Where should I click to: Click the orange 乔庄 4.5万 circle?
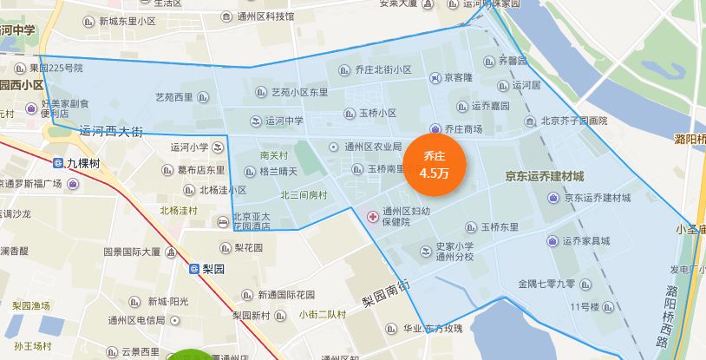tap(436, 164)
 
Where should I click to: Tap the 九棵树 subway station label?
tap(82, 162)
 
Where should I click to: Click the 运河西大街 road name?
tap(110, 132)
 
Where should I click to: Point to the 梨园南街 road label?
tap(386, 292)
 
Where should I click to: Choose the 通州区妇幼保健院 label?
tap(406, 216)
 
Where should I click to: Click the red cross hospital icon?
tap(372, 215)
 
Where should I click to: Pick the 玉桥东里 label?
tap(500, 227)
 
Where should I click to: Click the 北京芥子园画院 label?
tap(573, 121)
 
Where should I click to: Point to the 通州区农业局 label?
tap(373, 147)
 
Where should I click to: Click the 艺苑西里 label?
tap(173, 97)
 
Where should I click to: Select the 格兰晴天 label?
tap(278, 172)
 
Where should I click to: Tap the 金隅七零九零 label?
tap(546, 283)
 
